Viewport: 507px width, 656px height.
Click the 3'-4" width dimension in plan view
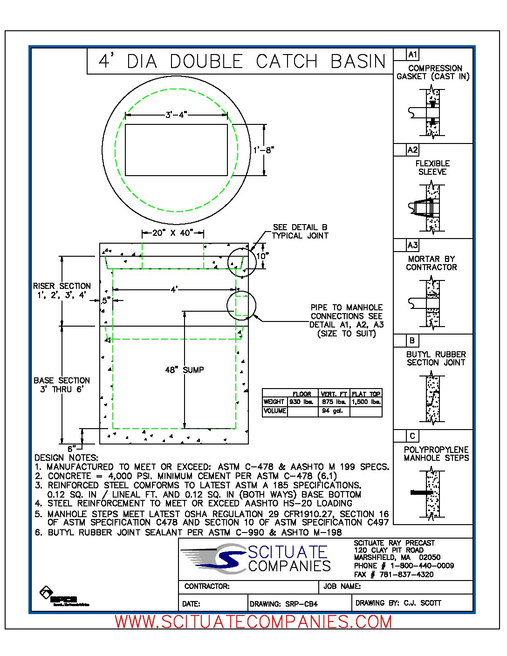pyautogui.click(x=176, y=115)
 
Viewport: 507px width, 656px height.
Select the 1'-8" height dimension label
pyautogui.click(x=264, y=150)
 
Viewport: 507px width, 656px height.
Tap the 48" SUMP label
pyautogui.click(x=185, y=370)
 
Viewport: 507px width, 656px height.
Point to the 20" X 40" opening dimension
pyautogui.click(x=172, y=233)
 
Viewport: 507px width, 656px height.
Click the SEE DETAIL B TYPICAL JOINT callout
pyautogui.click(x=300, y=232)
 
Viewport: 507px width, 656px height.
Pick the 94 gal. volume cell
pyautogui.click(x=332, y=411)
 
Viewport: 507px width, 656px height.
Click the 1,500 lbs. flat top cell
pyautogui.click(x=366, y=402)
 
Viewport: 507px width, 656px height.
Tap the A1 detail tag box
pyautogui.click(x=412, y=55)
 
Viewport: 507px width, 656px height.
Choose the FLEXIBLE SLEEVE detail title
pyautogui.click(x=432, y=168)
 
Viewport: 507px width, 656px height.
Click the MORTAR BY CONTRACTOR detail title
pyautogui.click(x=432, y=263)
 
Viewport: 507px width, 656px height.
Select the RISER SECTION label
pyautogui.click(x=62, y=290)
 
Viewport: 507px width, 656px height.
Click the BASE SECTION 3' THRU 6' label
pyautogui.click(x=62, y=385)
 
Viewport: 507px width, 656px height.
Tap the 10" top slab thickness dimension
pyautogui.click(x=262, y=256)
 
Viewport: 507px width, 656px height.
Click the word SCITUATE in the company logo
pyautogui.click(x=287, y=552)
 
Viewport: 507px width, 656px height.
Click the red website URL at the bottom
pyautogui.click(x=253, y=622)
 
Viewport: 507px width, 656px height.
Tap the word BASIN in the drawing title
pyautogui.click(x=358, y=61)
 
